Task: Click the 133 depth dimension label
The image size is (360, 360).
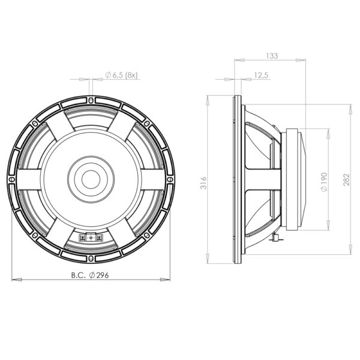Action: (x=272, y=56)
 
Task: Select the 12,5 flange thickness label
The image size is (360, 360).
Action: (x=261, y=75)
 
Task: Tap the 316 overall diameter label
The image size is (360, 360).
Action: (x=203, y=183)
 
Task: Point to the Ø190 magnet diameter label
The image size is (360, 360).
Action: (x=324, y=182)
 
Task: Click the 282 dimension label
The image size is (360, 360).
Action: (x=346, y=180)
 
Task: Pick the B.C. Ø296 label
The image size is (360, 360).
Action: (x=90, y=275)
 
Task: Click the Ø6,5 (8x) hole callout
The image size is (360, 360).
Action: (x=121, y=75)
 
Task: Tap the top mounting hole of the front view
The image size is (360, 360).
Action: (x=91, y=100)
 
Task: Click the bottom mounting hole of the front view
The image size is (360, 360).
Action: (x=91, y=259)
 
